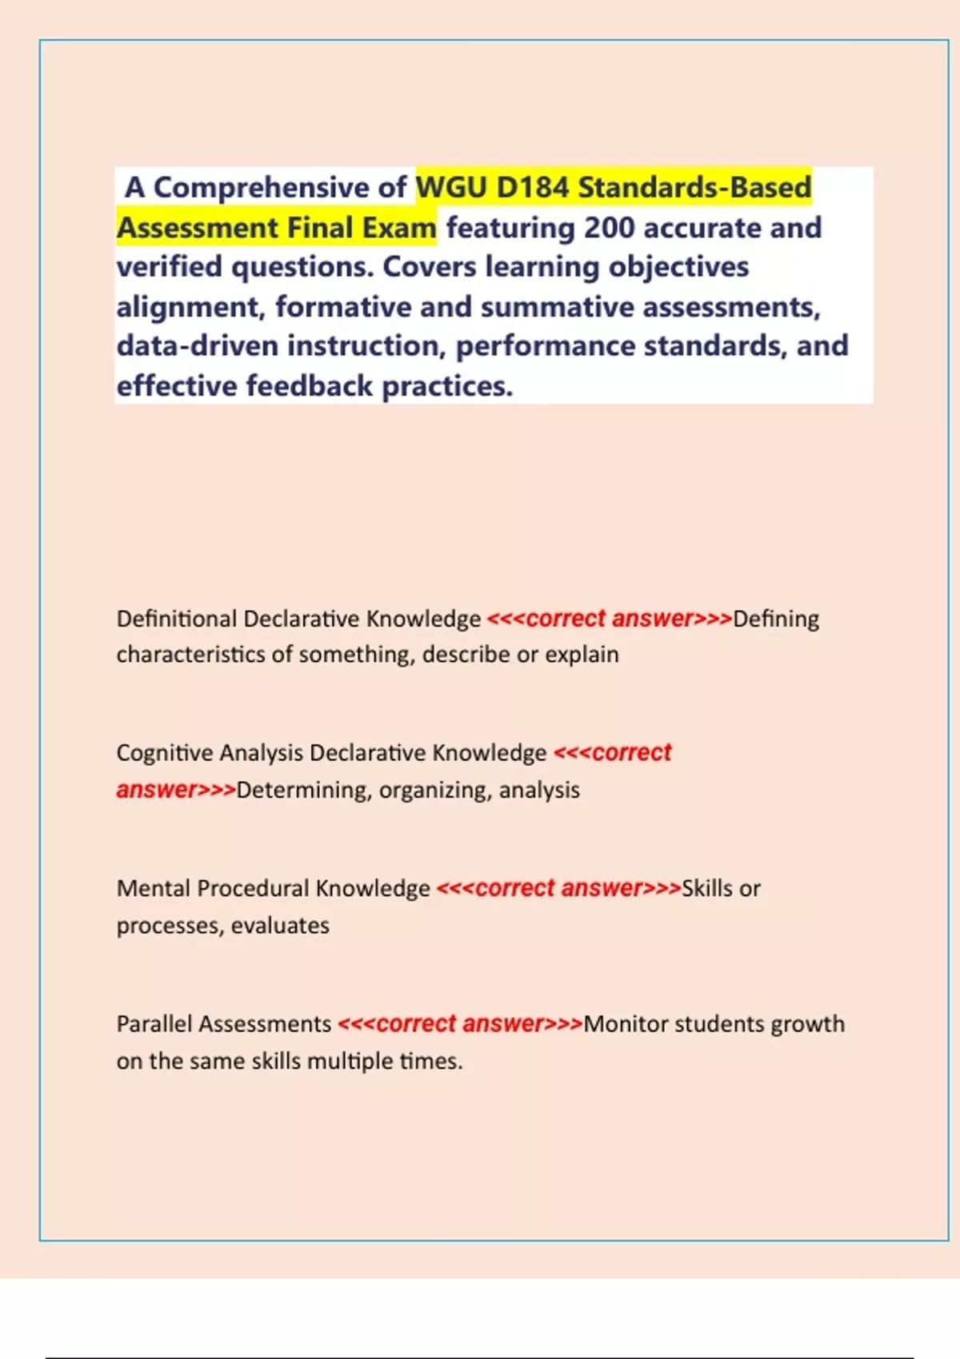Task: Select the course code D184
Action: coord(532,188)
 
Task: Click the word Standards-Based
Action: coord(694,188)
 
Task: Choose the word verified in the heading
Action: coord(169,267)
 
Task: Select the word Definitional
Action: coord(176,619)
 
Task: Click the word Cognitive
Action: coord(164,753)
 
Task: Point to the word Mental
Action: coord(154,889)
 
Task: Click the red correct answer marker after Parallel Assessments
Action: coord(460,1024)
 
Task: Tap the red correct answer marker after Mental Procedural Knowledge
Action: coord(558,889)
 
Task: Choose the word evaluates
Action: coord(280,926)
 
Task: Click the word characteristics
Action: coord(190,655)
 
